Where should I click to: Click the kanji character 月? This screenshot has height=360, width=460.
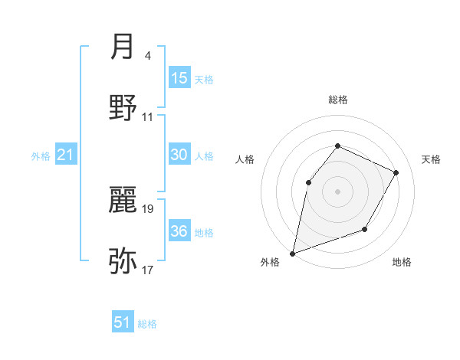tap(123, 47)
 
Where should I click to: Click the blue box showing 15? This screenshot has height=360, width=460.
tap(179, 78)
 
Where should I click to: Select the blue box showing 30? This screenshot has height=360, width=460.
tap(179, 155)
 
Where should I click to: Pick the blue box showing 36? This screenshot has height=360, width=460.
tap(179, 231)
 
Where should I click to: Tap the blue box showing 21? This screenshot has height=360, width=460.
tap(66, 155)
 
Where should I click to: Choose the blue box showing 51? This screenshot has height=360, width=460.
tap(123, 322)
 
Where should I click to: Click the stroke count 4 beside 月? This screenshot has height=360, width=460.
tap(147, 56)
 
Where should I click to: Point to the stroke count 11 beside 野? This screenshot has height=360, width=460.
tap(148, 117)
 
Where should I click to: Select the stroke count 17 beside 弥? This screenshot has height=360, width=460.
tap(148, 270)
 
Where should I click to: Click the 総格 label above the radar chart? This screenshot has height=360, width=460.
tap(337, 100)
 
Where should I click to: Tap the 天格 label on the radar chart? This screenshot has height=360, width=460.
tap(431, 159)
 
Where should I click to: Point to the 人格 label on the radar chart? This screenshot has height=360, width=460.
tap(245, 159)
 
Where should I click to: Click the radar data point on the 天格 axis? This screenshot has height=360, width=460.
tap(396, 172)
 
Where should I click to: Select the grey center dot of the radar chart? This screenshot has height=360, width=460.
tap(337, 191)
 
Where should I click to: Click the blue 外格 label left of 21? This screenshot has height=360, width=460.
tap(41, 156)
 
